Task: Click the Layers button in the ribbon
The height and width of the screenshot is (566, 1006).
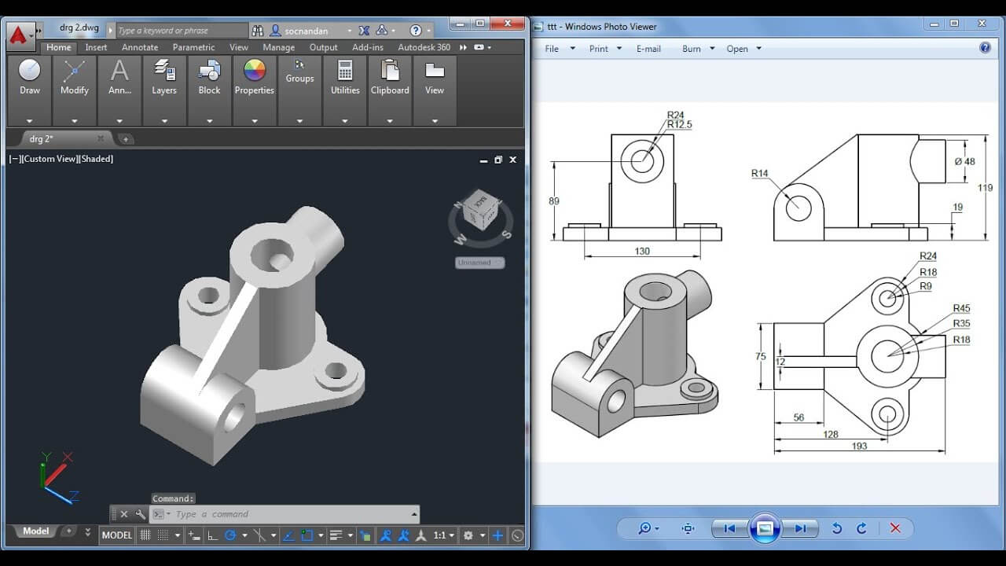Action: (164, 78)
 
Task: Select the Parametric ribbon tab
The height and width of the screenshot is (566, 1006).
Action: (193, 47)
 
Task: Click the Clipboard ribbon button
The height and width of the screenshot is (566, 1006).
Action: (390, 78)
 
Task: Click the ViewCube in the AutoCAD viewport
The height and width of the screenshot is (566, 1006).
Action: (479, 211)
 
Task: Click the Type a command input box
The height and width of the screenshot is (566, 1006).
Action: (291, 514)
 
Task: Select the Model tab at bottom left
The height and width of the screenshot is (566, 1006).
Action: (35, 531)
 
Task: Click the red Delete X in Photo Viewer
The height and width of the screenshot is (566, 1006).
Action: (895, 528)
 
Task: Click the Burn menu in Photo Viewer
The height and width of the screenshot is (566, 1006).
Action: (692, 49)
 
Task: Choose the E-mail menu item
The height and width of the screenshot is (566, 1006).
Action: (648, 49)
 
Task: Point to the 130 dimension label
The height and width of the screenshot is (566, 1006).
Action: (642, 252)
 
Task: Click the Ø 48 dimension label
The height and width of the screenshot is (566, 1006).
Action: (964, 162)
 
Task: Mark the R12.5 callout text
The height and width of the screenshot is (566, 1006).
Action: (679, 125)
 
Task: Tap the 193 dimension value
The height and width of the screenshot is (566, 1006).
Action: (859, 446)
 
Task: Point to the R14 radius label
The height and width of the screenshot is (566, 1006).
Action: (759, 174)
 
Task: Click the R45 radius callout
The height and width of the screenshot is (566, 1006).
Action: (961, 309)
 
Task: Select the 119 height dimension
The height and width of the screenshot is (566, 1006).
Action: (985, 188)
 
